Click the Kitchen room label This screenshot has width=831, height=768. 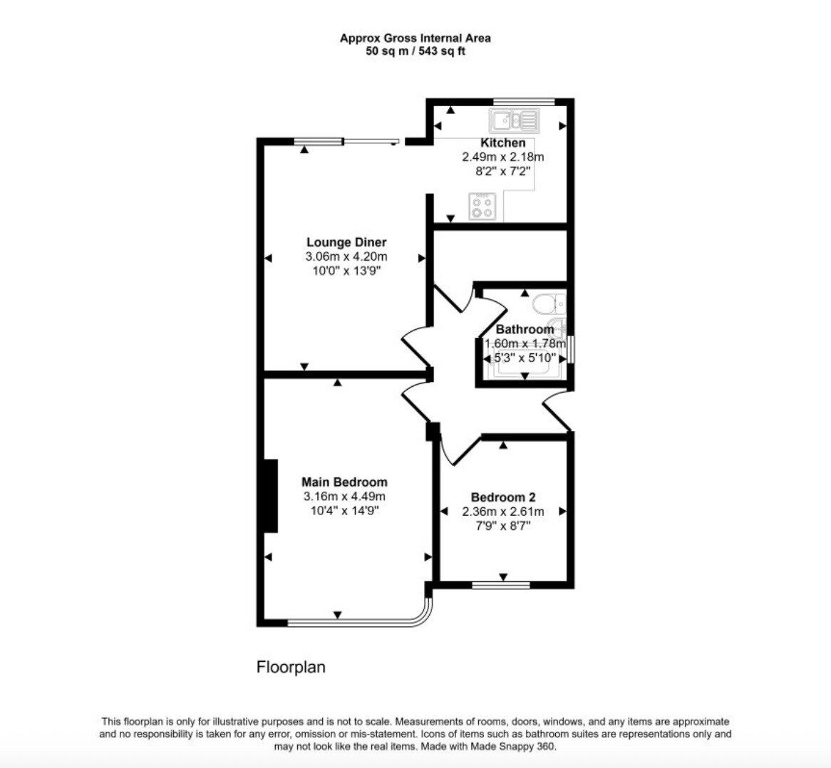(503, 143)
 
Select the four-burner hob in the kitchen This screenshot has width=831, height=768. (482, 207)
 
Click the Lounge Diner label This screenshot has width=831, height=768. (346, 242)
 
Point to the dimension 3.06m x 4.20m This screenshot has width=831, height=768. (346, 256)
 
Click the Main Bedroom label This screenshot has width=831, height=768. (344, 482)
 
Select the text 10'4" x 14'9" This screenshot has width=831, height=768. (344, 510)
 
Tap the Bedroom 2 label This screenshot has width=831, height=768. (503, 497)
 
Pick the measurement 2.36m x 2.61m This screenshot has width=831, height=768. (503, 512)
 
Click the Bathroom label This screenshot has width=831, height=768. (525, 330)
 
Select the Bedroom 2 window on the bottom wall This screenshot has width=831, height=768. (501, 586)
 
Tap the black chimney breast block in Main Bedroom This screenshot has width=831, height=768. (269, 496)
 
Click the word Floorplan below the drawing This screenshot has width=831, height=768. (291, 668)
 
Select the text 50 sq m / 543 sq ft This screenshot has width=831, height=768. (415, 51)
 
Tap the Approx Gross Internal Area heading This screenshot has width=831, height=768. (415, 38)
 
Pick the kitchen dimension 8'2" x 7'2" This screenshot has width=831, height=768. (503, 171)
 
